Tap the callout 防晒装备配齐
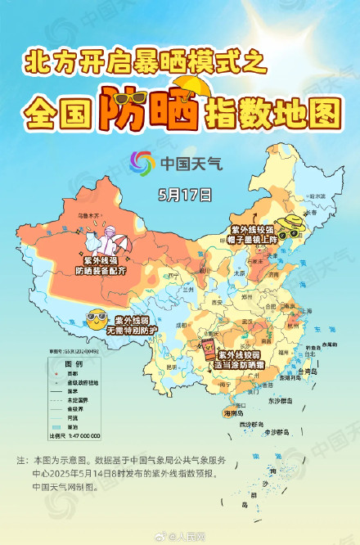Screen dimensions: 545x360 pos(100,271)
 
